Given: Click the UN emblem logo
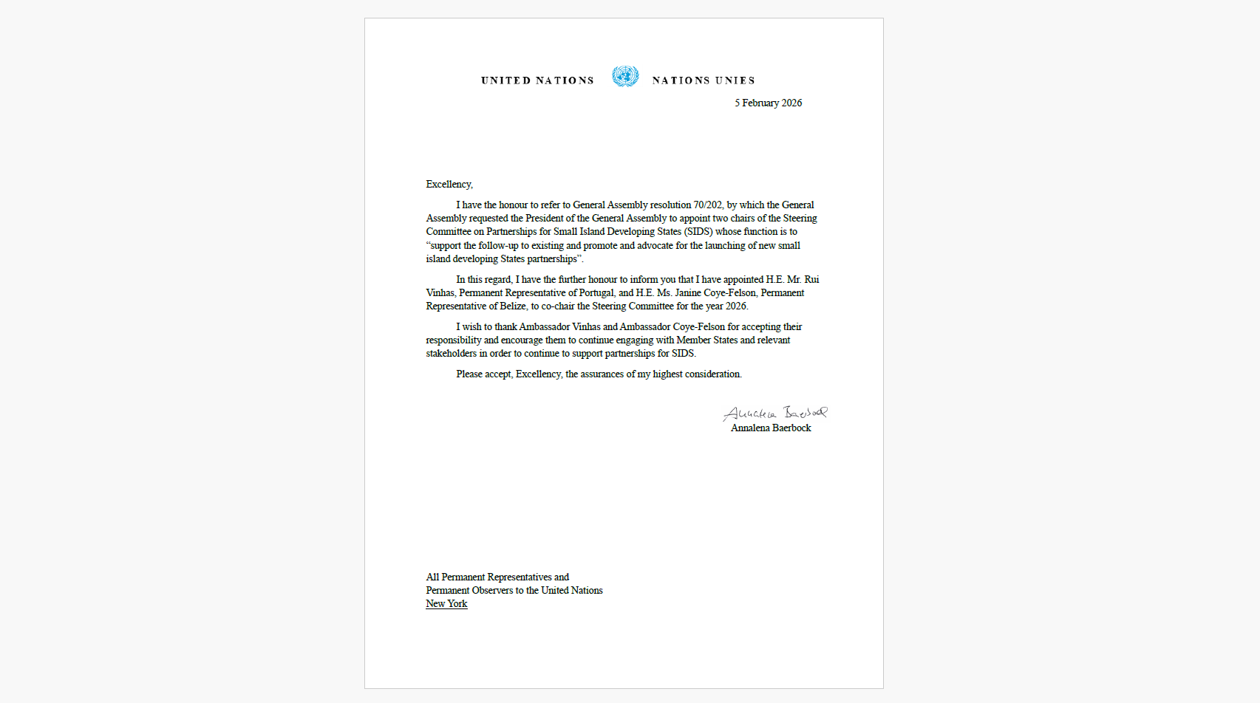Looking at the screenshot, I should pyautogui.click(x=624, y=76).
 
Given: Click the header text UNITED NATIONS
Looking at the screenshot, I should pyautogui.click(x=537, y=80).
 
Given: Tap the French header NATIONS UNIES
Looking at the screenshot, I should pyautogui.click(x=703, y=80).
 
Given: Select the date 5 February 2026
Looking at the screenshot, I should pyautogui.click(x=768, y=103).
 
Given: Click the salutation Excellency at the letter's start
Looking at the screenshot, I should pyautogui.click(x=449, y=185).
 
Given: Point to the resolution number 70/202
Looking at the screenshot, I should pyautogui.click(x=707, y=205).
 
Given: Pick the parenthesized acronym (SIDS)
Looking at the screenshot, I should pyautogui.click(x=698, y=232).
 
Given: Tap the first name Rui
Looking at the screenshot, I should pyautogui.click(x=811, y=280).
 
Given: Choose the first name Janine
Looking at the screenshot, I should pyautogui.click(x=687, y=293).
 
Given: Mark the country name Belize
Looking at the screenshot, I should pyautogui.click(x=512, y=306).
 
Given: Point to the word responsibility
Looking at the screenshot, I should pyautogui.click(x=453, y=340).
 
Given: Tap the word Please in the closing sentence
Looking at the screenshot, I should pyautogui.click(x=469, y=374).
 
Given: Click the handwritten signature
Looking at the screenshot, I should pyautogui.click(x=774, y=412).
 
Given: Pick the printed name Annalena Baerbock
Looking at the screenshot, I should pyautogui.click(x=771, y=428).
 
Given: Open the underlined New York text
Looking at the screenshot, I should pyautogui.click(x=446, y=604).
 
